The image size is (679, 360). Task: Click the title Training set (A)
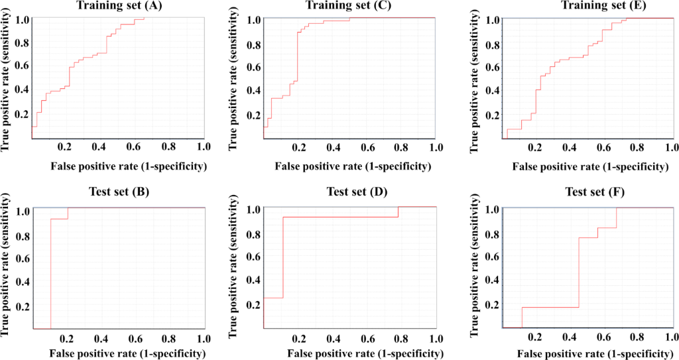pos(117,6)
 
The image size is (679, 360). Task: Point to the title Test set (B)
pos(119,194)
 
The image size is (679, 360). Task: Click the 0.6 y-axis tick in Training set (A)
pos(23,66)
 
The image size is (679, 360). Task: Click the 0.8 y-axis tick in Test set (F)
pos(491,234)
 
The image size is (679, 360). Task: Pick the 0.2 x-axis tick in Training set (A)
pos(66,146)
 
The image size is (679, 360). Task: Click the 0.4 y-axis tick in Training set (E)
pos(491,91)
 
